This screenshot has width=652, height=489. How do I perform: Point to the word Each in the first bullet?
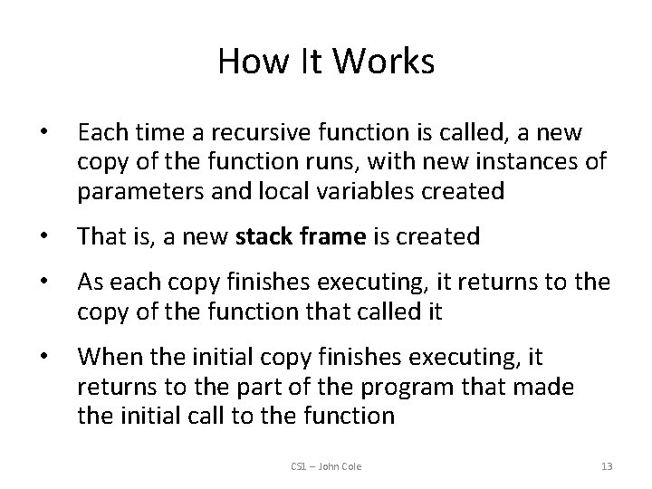[99, 133]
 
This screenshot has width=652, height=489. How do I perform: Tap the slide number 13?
[606, 466]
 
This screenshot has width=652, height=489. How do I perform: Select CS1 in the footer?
[300, 466]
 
